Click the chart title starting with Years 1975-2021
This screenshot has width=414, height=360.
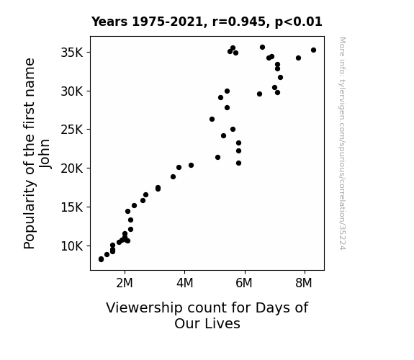click(207, 22)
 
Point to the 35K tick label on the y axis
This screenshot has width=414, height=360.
click(72, 53)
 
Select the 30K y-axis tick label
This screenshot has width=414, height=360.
click(72, 91)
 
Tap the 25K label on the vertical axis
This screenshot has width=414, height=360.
click(72, 130)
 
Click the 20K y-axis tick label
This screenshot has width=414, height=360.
click(72, 168)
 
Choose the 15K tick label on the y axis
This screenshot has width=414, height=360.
click(72, 207)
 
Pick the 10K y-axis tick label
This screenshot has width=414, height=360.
click(72, 246)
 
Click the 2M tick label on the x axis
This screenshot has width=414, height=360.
click(125, 283)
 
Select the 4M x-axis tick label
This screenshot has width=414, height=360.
click(185, 283)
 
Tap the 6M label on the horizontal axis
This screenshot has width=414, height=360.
click(244, 283)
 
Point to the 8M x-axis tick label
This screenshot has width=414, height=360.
click(304, 283)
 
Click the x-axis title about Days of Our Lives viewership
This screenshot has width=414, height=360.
click(207, 315)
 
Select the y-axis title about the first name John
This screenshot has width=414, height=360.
click(37, 153)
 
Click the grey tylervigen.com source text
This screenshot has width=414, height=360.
click(342, 143)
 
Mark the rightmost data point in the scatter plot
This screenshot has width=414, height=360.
click(313, 50)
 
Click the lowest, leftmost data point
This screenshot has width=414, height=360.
click(101, 259)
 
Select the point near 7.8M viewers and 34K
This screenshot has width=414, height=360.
click(298, 58)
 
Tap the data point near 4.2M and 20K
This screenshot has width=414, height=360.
click(191, 166)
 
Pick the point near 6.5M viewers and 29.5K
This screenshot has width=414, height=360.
click(259, 94)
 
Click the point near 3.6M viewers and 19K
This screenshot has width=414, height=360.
click(174, 176)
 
